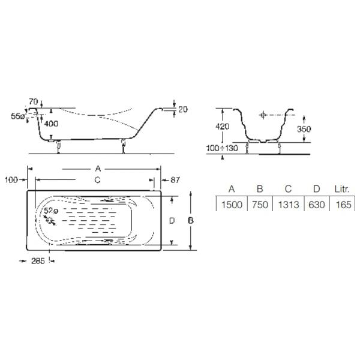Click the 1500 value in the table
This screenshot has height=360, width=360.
[x=232, y=205]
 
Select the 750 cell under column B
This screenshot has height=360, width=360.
[x=260, y=205]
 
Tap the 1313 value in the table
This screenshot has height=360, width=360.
[x=289, y=205]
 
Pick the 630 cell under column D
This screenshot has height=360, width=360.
[x=317, y=205]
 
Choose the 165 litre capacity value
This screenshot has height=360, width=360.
[x=343, y=205]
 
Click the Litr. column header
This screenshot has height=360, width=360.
[x=342, y=189]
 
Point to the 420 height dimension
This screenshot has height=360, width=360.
[x=222, y=126]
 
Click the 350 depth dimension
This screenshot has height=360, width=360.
[x=304, y=129]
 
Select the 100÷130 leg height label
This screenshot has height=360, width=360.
[x=222, y=148]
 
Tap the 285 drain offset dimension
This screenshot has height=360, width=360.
[x=38, y=261]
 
